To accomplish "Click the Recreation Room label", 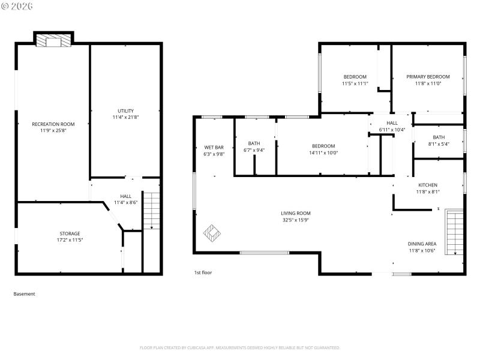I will coord(53,124).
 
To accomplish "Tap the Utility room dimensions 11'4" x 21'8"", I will coord(125,117).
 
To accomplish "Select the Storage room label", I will coord(70,233).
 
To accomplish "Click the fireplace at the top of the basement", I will coord(54,40).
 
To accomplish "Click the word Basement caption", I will coord(24,294).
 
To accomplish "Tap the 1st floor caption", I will coord(203,272).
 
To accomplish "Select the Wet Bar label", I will coord(214,147).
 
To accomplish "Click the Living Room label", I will coord(296,213).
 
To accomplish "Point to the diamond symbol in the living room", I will coord(212,232).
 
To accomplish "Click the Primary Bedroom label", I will coord(428,77).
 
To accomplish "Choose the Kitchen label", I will coord(428,185).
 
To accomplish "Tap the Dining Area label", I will coord(422,244).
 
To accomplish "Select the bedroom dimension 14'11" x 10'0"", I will coord(323,152).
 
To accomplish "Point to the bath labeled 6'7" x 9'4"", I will coord(254,146).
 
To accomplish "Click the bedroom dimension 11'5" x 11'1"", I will coord(355,83).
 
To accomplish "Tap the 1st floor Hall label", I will coord(392,123).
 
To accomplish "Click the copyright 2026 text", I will coord(17,6).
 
